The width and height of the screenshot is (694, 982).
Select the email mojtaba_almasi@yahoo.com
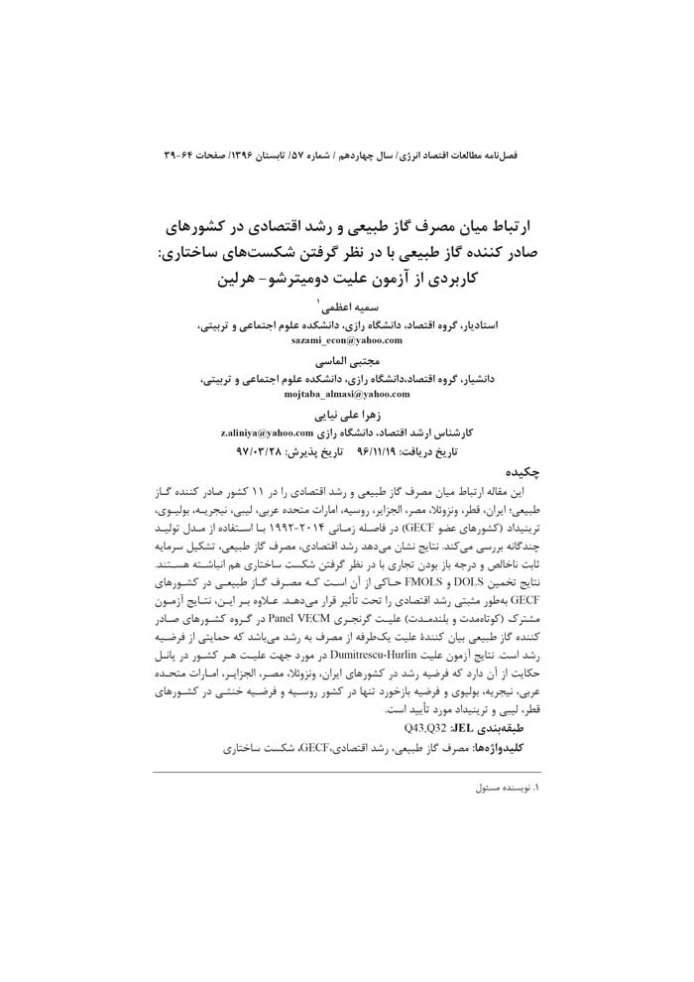point(346,394)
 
